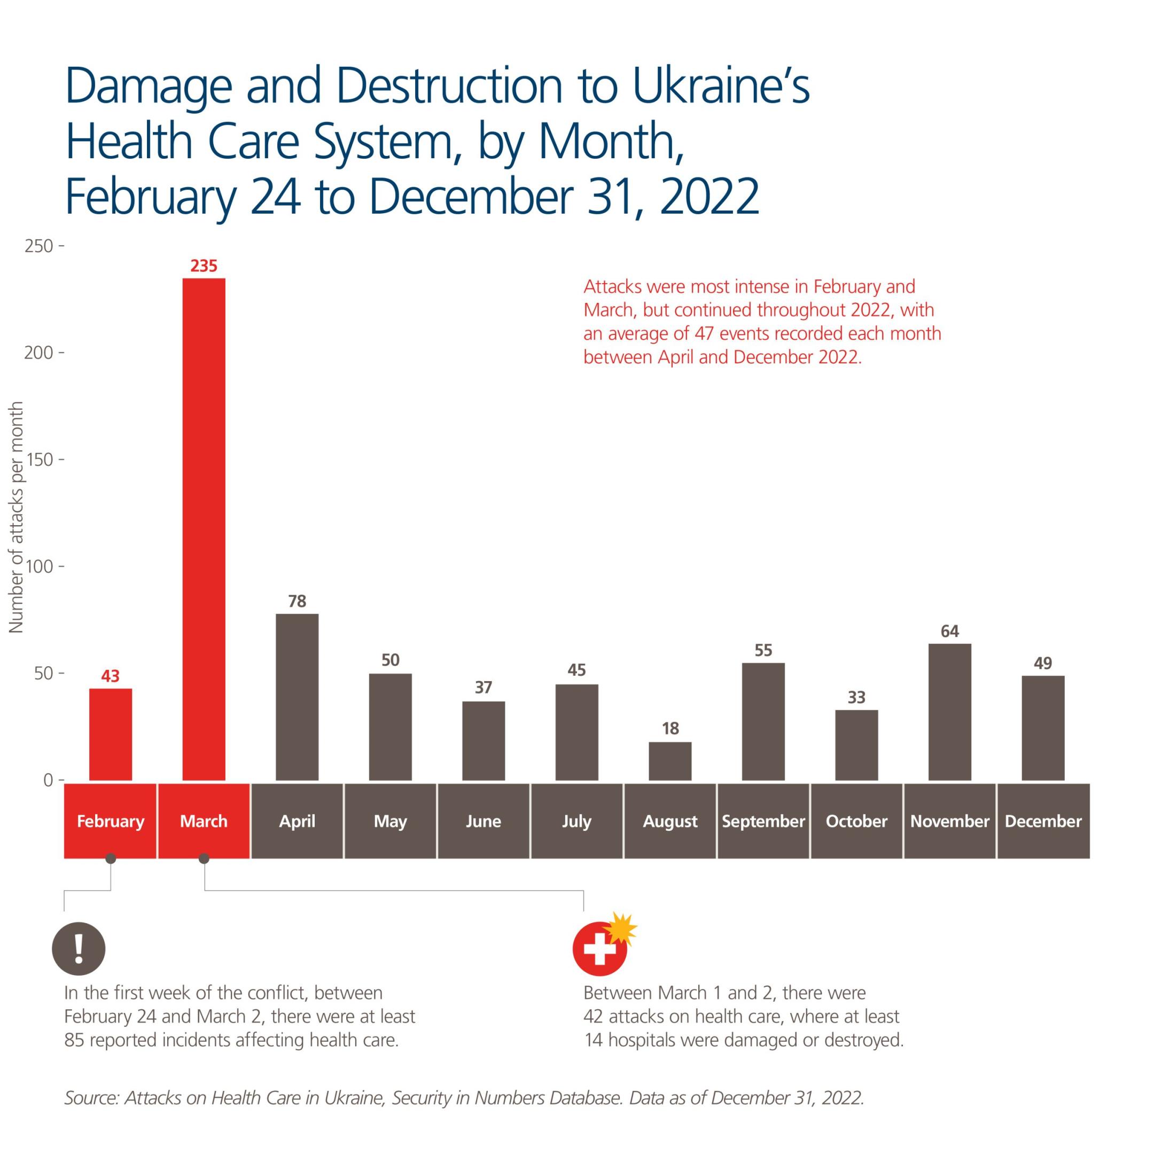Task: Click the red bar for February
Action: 111,734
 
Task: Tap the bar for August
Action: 669,761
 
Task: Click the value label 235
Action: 204,266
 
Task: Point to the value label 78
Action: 297,601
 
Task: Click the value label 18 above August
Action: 670,728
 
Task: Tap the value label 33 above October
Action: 856,697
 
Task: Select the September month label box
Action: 763,821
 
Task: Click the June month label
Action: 483,821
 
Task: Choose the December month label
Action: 1043,821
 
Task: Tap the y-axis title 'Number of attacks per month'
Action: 16,517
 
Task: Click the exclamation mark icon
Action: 79,948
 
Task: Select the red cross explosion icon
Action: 602,946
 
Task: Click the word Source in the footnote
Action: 91,1098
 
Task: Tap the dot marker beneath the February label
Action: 111,859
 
